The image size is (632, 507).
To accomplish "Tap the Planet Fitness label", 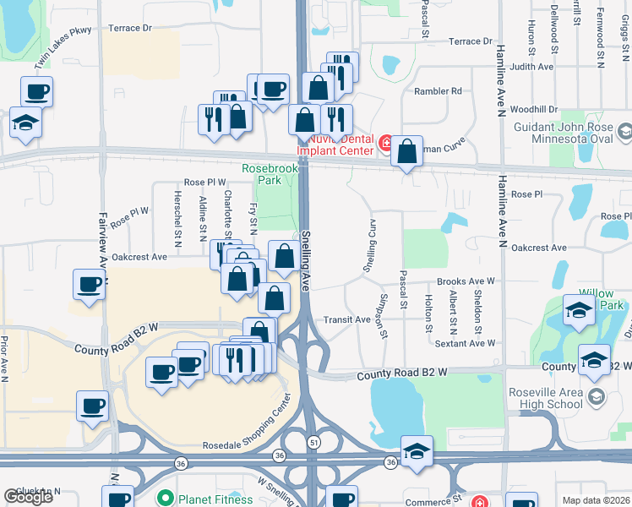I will pyautogui.click(x=209, y=499).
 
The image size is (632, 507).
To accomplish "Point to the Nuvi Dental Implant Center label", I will pyautogui.click(x=338, y=144).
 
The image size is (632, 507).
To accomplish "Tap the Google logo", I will pyautogui.click(x=28, y=497).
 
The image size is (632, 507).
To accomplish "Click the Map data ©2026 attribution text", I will pyautogui.click(x=597, y=500).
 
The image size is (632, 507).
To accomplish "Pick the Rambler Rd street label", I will pyautogui.click(x=438, y=91).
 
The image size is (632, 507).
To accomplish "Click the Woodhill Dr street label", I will pyautogui.click(x=534, y=109).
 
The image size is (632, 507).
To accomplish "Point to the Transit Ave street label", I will pyautogui.click(x=347, y=320).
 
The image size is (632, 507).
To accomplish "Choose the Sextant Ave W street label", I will pyautogui.click(x=465, y=343).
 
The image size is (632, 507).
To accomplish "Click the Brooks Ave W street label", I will pyautogui.click(x=465, y=281).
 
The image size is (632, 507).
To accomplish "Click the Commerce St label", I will pyautogui.click(x=431, y=499).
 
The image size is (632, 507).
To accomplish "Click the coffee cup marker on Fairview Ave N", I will pyautogui.click(x=90, y=285).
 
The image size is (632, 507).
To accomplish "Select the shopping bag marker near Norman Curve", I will pyautogui.click(x=407, y=152).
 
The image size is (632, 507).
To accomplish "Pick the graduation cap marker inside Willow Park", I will pyautogui.click(x=578, y=310).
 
